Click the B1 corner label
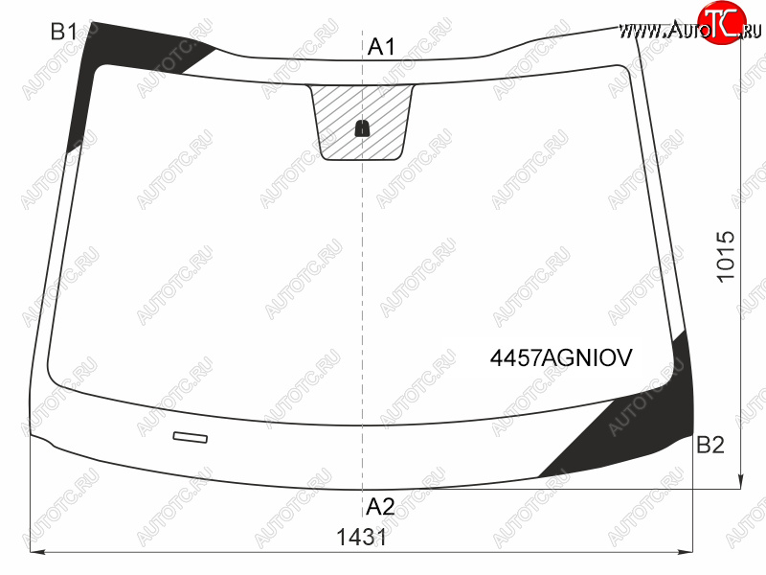coord(63,33)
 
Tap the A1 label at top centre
coord(381,47)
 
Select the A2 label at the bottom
coord(380,507)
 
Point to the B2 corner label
coord(710,445)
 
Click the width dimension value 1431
coord(362,538)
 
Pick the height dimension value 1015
coord(726,256)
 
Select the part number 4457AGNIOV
coord(561,357)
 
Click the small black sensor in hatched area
coord(362,128)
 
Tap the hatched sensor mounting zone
coord(362,123)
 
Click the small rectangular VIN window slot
coord(190,437)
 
